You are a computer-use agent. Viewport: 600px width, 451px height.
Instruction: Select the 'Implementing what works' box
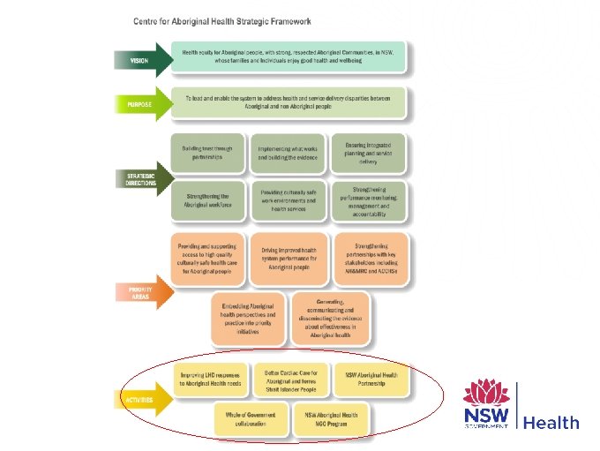tap(288, 154)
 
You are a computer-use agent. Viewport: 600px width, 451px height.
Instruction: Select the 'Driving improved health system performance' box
tap(289, 257)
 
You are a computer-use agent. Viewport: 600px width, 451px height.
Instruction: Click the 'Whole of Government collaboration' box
tap(250, 419)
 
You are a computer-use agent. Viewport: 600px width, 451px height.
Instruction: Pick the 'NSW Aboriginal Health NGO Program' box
tap(331, 419)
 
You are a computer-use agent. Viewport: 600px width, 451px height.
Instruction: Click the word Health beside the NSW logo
tap(551, 423)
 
